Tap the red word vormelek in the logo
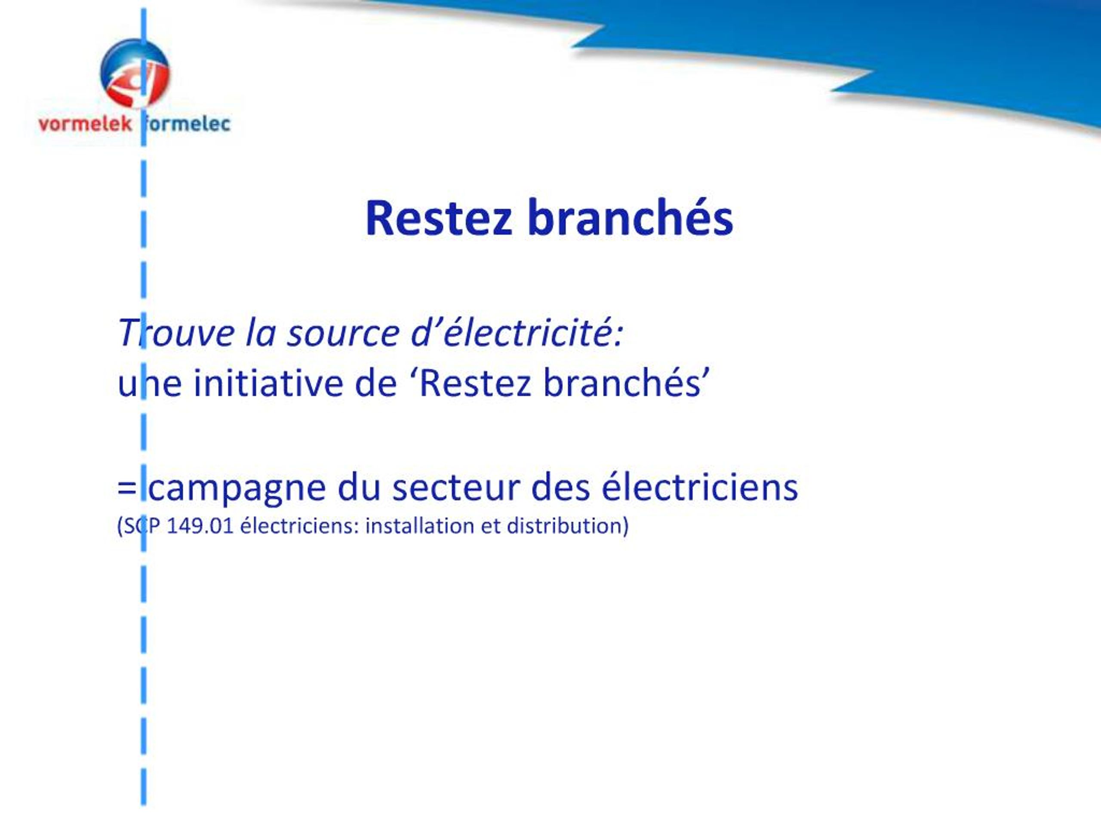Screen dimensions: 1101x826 pyautogui.click(x=85, y=124)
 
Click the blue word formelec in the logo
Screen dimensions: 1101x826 pyautogui.click(x=186, y=123)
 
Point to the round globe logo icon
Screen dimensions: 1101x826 pyautogui.click(x=135, y=73)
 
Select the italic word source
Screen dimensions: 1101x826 pyautogui.click(x=344, y=333)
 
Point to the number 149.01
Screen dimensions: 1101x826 pyautogui.click(x=200, y=526)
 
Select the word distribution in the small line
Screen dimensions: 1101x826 pyautogui.click(x=564, y=526)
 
